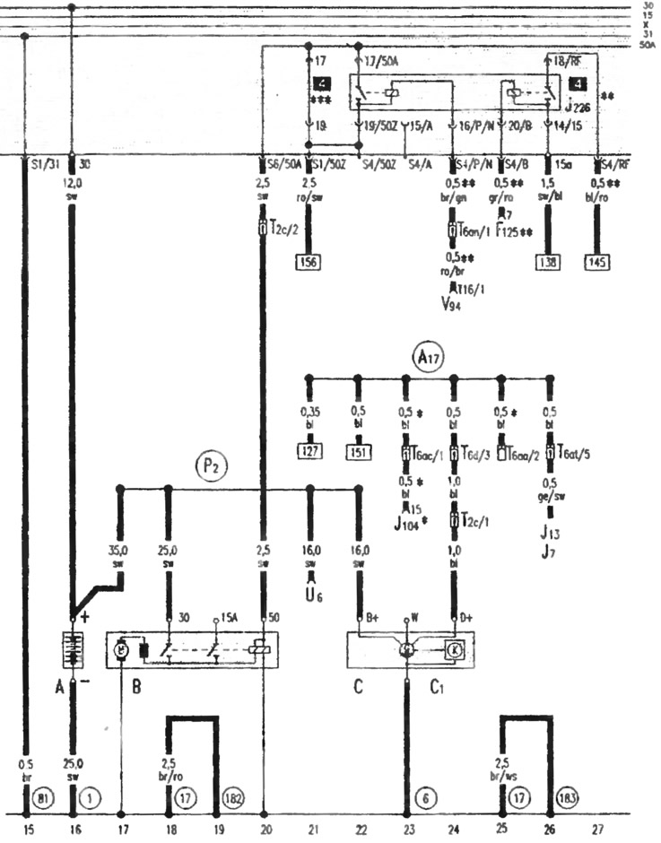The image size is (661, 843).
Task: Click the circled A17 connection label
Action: point(428,357)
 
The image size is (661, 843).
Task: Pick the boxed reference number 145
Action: point(597,263)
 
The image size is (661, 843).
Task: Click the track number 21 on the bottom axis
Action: point(310,830)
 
